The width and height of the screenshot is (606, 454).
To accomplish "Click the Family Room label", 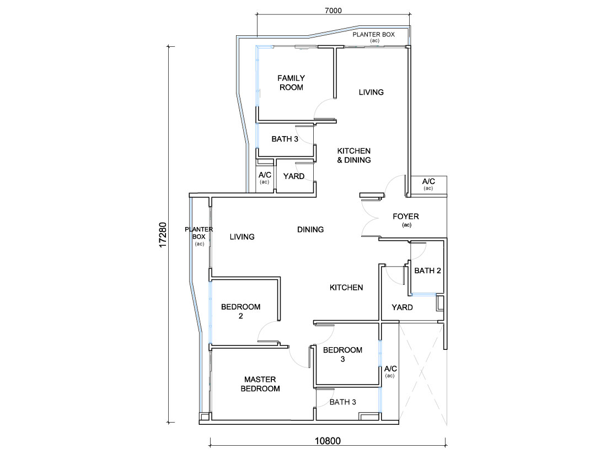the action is point(291,83).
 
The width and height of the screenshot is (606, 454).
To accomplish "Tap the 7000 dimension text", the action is point(333,11).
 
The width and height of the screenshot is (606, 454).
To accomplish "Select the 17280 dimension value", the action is point(163,235).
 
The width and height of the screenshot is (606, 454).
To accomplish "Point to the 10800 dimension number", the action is point(328,441).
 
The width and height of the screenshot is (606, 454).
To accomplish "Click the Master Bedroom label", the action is point(260,384).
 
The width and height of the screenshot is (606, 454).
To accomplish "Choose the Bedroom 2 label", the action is point(241,311).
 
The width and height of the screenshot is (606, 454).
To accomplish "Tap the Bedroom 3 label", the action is point(343,354).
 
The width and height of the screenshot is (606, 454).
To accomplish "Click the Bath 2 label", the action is point(427,271).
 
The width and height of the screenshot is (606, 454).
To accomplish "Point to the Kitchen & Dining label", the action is point(354,155).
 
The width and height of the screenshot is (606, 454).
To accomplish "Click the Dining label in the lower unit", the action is point(310,230).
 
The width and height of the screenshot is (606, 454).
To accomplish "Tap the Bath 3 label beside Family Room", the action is point(285,139).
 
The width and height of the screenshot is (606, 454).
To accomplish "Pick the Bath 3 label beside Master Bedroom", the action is point(343,402).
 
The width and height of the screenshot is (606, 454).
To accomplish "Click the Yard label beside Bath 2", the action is point(402,307).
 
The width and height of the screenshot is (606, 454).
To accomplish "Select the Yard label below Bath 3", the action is point(294,176).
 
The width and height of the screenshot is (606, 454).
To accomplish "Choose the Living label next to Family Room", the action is point(371,92).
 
